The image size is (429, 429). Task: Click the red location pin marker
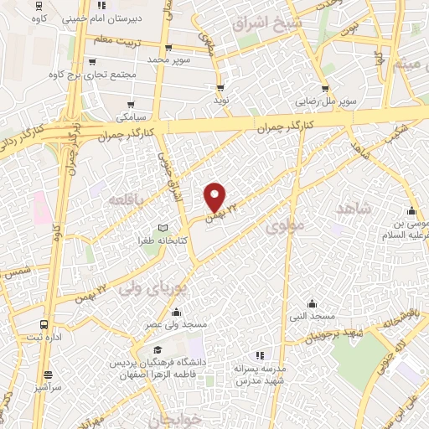coord(216,196)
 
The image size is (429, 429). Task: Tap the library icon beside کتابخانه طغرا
coord(163,228)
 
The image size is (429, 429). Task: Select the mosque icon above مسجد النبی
coord(313,302)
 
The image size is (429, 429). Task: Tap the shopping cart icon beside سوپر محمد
coord(169,48)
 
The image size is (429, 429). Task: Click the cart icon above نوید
coord(220,85)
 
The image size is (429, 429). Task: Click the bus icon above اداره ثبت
coord(44,324)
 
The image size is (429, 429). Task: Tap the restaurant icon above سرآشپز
coord(49,375)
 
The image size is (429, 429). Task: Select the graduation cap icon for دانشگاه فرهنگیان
coord(158,350)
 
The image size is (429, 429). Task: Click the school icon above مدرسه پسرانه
coord(259,355)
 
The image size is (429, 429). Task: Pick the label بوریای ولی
coord(150,289)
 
